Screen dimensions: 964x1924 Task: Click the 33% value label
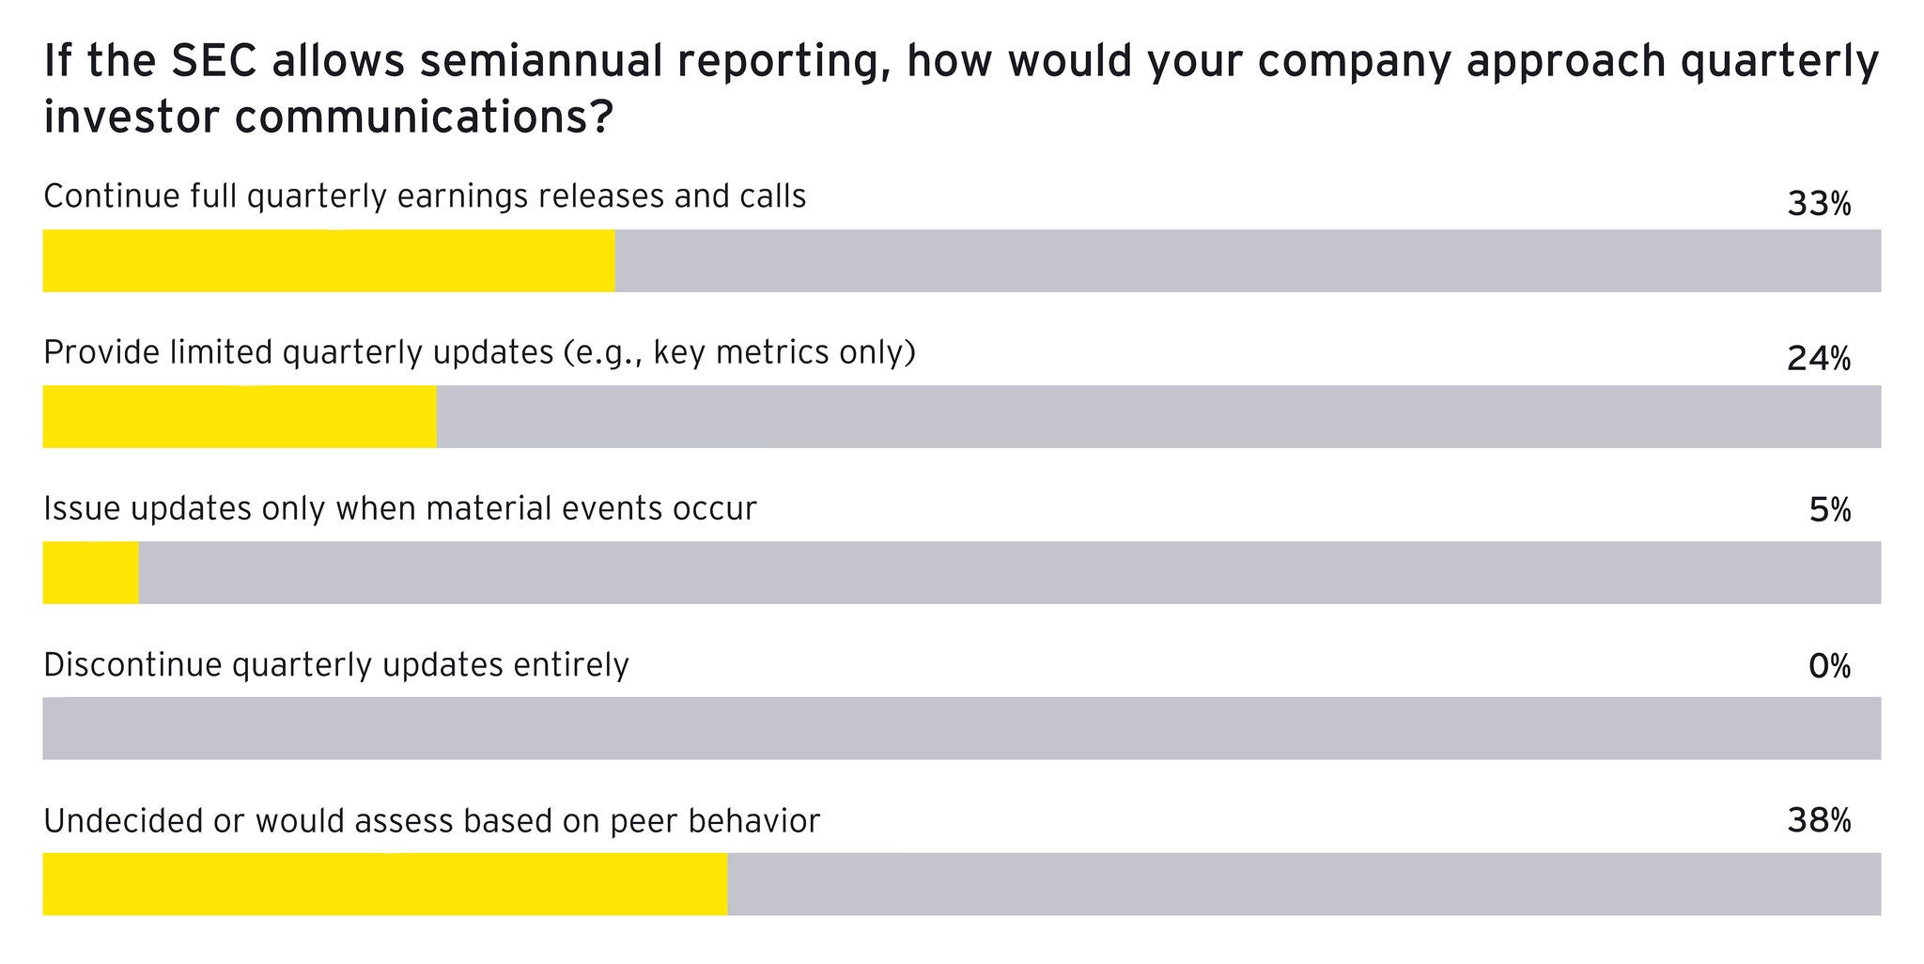coord(1818,204)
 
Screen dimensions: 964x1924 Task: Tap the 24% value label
coord(1818,359)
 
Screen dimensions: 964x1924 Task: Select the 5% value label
coord(1829,511)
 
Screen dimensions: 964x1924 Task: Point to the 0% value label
coord(1829,667)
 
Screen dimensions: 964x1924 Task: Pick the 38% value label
coord(1818,822)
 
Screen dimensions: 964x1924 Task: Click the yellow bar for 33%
coord(329,260)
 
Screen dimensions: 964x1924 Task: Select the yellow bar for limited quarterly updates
coord(240,416)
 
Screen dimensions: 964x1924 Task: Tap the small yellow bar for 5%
coord(90,572)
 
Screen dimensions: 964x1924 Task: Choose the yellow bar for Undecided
coord(385,884)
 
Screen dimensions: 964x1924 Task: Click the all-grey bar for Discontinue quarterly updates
coord(961,728)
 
